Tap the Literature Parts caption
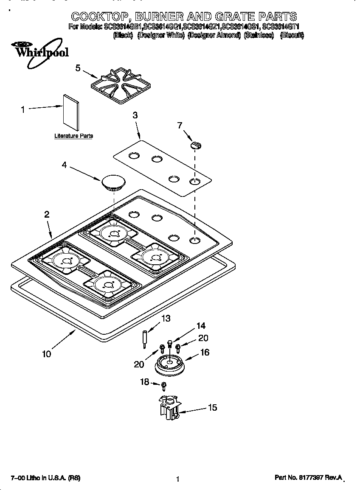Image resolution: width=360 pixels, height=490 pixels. pyautogui.click(x=73, y=136)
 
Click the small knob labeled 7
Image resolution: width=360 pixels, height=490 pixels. pyautogui.click(x=196, y=145)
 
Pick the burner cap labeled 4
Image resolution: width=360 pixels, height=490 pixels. pyautogui.click(x=112, y=182)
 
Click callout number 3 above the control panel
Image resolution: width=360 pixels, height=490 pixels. pyautogui.click(x=135, y=115)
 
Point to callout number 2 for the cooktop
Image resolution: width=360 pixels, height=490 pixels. pyautogui.click(x=47, y=215)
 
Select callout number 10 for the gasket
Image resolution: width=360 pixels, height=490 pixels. pyautogui.click(x=47, y=353)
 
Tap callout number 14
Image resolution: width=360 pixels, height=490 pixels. pyautogui.click(x=200, y=326)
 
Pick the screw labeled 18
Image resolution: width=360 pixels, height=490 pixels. pyautogui.click(x=164, y=386)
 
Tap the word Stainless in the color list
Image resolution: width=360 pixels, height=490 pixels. pyautogui.click(x=259, y=36)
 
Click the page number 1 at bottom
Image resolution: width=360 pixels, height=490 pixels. pyautogui.click(x=178, y=479)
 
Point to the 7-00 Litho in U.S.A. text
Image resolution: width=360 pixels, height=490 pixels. pyautogui.click(x=45, y=478)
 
